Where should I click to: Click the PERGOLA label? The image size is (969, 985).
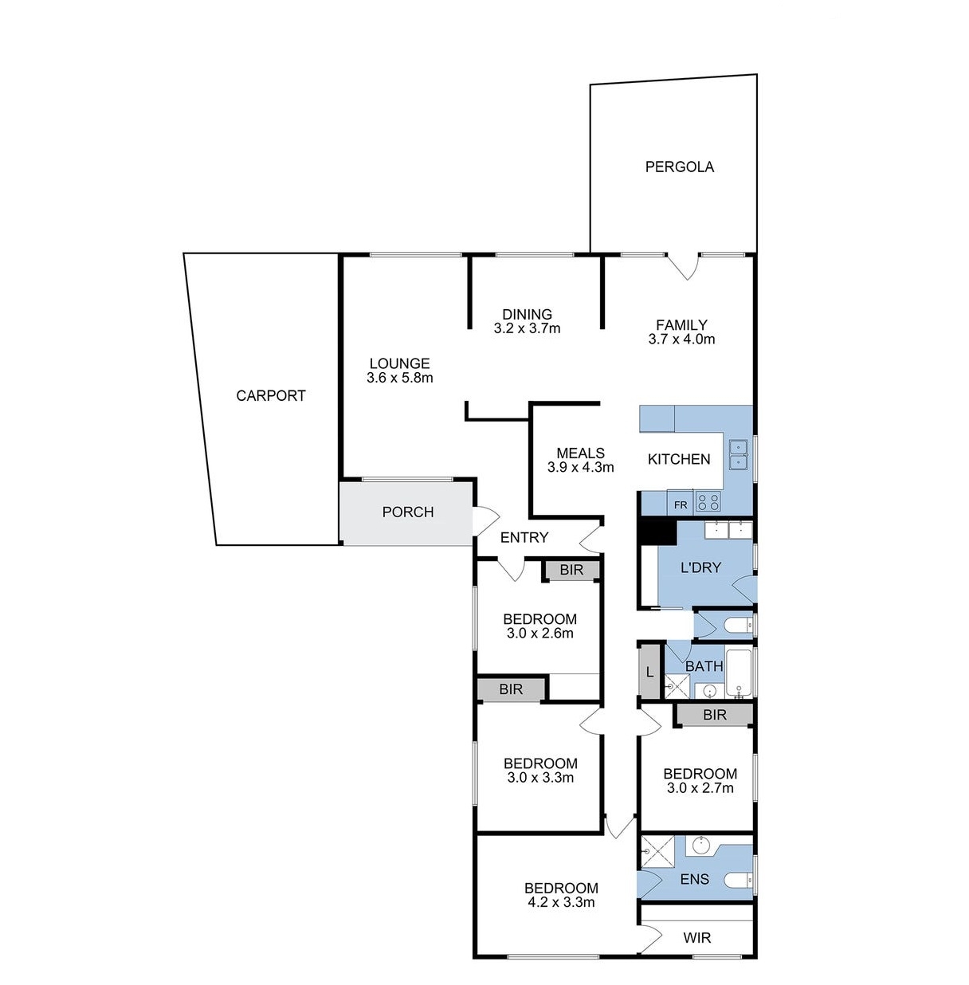pyautogui.click(x=679, y=167)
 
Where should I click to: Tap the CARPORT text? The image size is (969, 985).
pyautogui.click(x=271, y=395)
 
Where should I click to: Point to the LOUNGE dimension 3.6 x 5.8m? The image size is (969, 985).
pyautogui.click(x=400, y=378)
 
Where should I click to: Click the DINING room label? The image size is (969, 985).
pyautogui.click(x=527, y=314)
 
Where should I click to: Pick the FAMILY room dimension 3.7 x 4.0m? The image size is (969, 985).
pyautogui.click(x=681, y=339)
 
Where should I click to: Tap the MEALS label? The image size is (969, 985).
pyautogui.click(x=580, y=453)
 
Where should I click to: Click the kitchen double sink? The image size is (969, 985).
pyautogui.click(x=738, y=454)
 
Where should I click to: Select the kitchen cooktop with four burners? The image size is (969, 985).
pyautogui.click(x=708, y=501)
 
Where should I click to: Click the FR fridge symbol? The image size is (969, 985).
pyautogui.click(x=680, y=504)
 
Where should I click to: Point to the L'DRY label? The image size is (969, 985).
pyautogui.click(x=700, y=567)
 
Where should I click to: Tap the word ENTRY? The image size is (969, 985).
pyautogui.click(x=524, y=537)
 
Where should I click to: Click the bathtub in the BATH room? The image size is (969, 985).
pyautogui.click(x=739, y=672)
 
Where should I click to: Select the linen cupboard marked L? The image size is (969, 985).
pyautogui.click(x=649, y=672)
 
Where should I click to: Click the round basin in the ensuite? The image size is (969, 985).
pyautogui.click(x=701, y=846)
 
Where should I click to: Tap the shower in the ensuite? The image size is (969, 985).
pyautogui.click(x=657, y=851)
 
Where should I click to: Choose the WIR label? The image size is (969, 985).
pyautogui.click(x=696, y=938)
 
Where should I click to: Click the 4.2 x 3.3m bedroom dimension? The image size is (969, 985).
pyautogui.click(x=561, y=902)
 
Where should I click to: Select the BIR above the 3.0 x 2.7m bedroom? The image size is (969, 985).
pyautogui.click(x=715, y=715)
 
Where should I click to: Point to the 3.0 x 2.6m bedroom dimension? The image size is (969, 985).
pyautogui.click(x=539, y=634)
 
